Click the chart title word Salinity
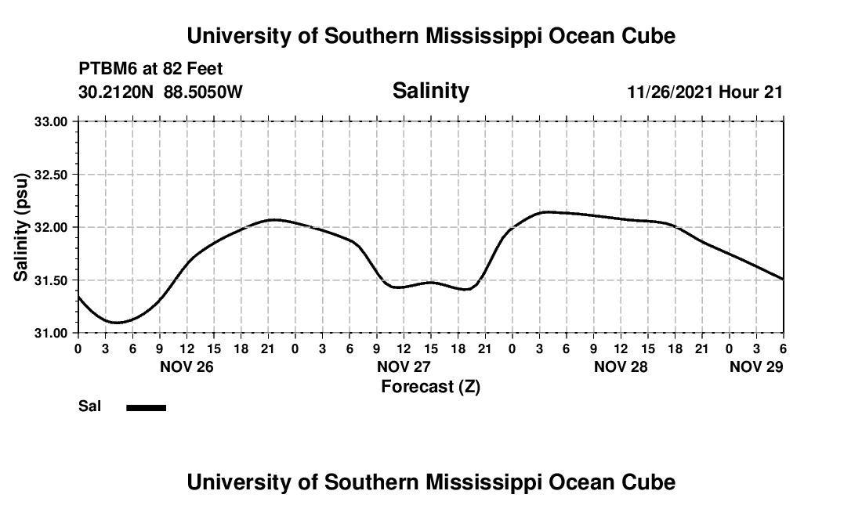430,91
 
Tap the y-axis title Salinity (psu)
21,226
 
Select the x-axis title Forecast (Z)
430,386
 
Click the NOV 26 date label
187,366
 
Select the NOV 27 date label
404,366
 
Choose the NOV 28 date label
621,366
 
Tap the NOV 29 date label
756,366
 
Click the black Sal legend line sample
146,407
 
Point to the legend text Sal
89,406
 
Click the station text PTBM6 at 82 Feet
150,70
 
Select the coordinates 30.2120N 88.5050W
161,92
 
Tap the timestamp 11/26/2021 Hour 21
704,92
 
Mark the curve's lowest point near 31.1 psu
116,322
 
